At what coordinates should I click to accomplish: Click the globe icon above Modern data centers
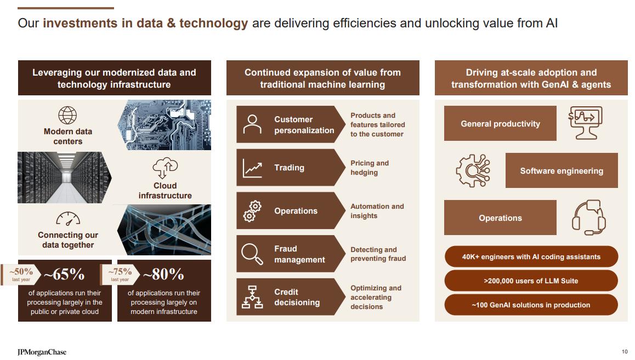[x=67, y=115]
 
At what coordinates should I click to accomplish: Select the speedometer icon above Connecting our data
[x=68, y=219]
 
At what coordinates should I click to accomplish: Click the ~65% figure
[x=64, y=275]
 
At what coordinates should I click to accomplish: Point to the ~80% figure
[x=163, y=275]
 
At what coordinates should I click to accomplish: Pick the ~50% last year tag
[x=21, y=275]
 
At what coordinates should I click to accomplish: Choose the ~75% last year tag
[x=120, y=275]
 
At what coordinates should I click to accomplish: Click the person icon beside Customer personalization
[x=252, y=124]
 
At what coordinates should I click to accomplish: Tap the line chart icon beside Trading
[x=252, y=168]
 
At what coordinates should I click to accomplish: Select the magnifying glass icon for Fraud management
[x=252, y=254]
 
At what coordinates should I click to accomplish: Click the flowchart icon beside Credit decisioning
[x=252, y=297]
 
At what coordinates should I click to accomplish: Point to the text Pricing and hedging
[x=370, y=168]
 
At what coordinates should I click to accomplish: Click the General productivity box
[x=500, y=123]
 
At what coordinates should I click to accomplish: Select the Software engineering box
[x=562, y=170]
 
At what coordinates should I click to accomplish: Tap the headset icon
[x=589, y=218]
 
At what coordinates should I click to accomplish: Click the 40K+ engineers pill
[x=531, y=256]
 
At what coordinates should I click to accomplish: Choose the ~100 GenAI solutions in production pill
[x=531, y=305]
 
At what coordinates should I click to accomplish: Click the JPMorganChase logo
[x=42, y=352]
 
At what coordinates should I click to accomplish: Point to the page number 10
[x=625, y=352]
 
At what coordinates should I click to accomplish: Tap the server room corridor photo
[x=65, y=178]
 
